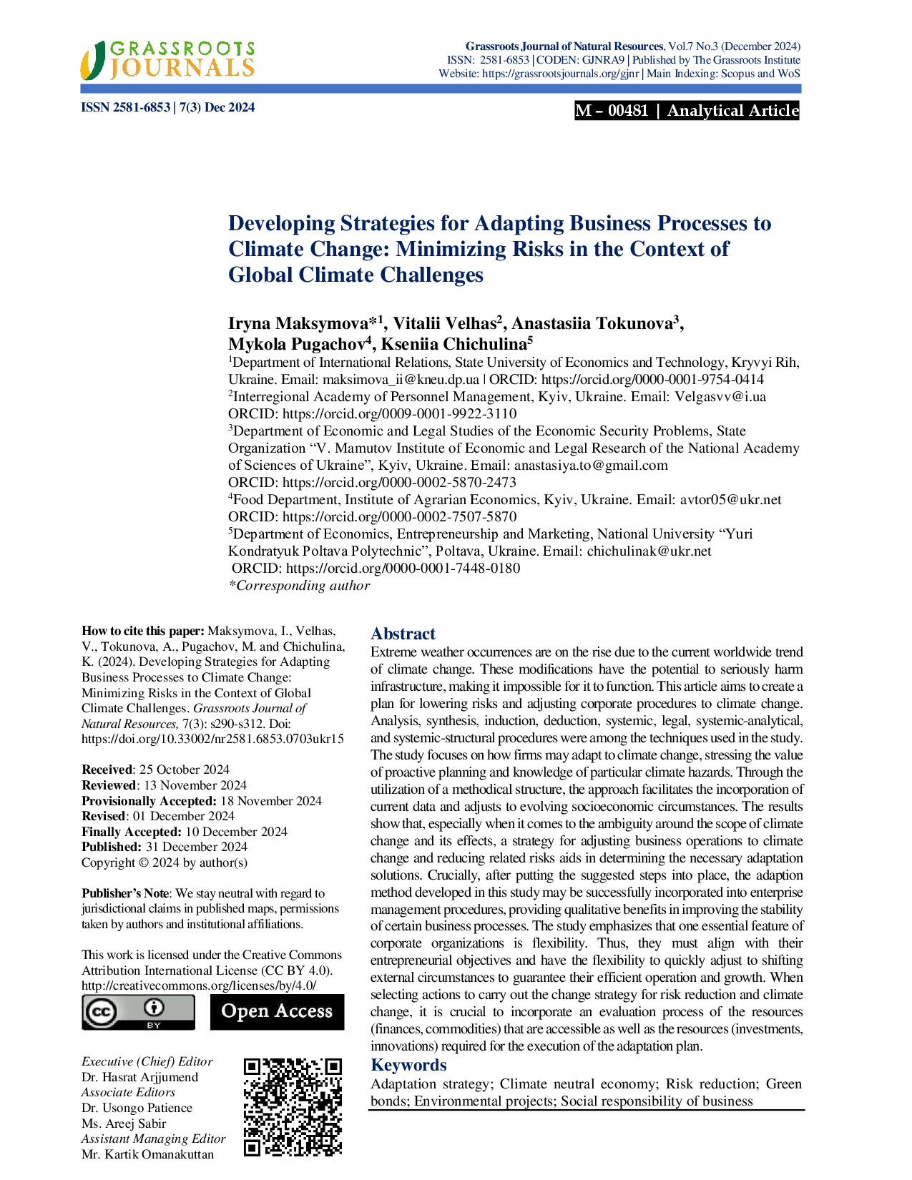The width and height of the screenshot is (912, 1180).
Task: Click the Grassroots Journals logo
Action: coord(167,59)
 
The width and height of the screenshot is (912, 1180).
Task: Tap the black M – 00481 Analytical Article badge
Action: coord(687,111)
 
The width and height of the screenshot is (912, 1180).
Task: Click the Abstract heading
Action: coord(403,634)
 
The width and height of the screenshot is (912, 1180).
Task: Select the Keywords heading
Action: coord(408,1066)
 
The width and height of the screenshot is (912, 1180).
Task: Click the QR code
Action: coord(293,1107)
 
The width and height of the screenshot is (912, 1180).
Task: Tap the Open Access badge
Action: coord(277,1011)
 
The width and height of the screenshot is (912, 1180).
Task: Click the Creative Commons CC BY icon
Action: coord(138,1012)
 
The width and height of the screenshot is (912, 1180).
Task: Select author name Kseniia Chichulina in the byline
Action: coord(453,344)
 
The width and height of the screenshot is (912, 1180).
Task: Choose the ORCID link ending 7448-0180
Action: coord(403,569)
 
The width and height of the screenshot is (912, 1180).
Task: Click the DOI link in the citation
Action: coord(212,739)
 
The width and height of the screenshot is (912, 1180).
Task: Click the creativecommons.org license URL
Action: coord(199,985)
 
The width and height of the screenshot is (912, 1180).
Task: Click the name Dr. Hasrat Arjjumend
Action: coord(139,1077)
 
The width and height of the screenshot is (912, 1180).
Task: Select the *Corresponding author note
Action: coord(299,586)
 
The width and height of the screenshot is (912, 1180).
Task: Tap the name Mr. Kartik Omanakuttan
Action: coord(147,1154)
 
